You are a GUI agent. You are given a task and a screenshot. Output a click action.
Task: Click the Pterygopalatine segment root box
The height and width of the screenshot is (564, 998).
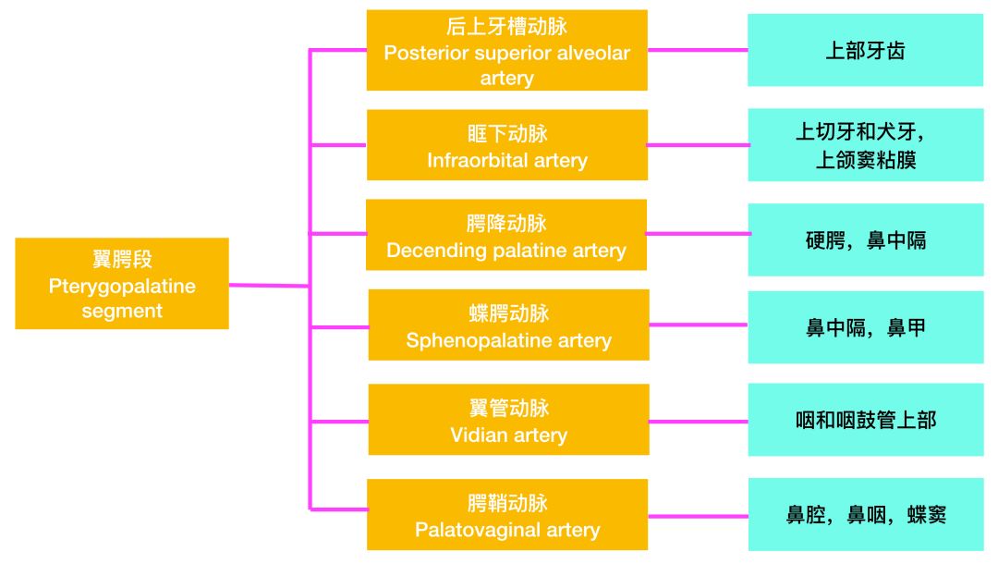tap(122, 284)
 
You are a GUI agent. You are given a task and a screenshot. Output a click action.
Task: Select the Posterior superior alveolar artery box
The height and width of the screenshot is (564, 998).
tap(506, 51)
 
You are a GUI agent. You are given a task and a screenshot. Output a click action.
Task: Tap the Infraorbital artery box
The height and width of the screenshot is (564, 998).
tap(506, 145)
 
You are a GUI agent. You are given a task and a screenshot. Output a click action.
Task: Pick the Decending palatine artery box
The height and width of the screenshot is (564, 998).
tap(506, 235)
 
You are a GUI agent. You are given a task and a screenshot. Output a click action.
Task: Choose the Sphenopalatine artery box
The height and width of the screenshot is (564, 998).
tap(508, 325)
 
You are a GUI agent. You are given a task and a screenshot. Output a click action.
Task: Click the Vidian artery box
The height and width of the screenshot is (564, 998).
tap(508, 420)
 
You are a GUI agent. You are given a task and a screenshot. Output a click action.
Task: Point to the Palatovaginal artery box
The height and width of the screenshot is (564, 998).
tap(507, 514)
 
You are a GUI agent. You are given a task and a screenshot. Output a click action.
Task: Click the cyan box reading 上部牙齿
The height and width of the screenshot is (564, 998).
tap(865, 50)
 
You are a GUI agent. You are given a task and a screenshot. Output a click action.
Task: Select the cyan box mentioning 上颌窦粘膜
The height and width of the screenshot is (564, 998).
tap(865, 145)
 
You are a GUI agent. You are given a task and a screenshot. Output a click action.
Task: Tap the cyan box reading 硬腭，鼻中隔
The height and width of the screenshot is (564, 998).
tap(865, 240)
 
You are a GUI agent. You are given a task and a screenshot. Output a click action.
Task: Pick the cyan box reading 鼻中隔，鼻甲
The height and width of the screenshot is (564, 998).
tap(865, 326)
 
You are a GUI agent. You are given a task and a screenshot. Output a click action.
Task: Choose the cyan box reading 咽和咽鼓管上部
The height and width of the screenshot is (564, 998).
tap(865, 420)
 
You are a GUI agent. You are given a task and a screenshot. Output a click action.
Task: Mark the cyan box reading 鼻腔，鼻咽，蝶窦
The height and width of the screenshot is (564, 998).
tap(865, 515)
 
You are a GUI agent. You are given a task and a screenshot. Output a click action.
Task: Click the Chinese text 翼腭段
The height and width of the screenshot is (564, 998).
tap(122, 259)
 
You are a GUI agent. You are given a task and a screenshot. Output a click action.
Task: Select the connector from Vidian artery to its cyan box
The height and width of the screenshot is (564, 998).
tap(698, 421)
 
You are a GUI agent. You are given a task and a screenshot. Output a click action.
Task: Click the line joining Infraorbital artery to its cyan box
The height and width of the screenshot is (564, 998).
tap(698, 145)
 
